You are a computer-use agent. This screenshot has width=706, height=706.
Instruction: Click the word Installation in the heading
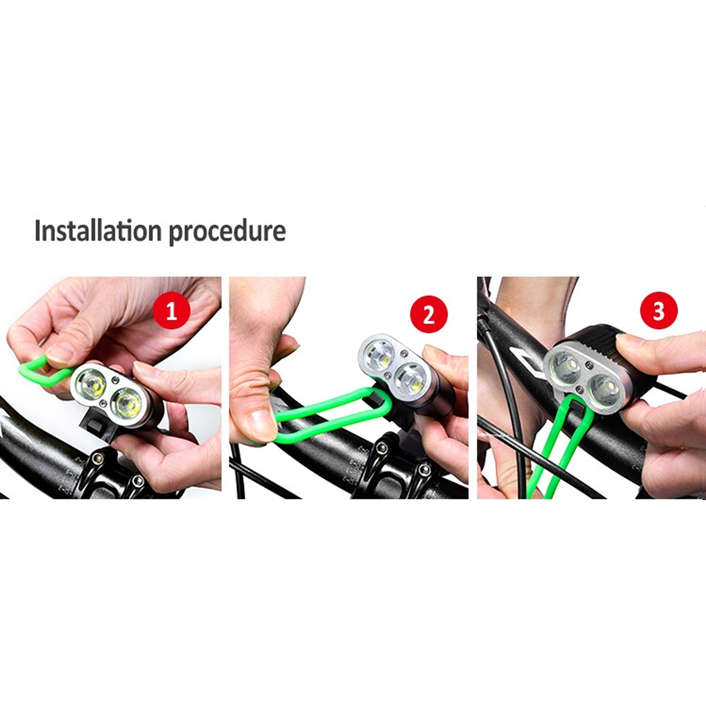(98, 231)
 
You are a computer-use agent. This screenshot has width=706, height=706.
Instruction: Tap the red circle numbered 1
(172, 313)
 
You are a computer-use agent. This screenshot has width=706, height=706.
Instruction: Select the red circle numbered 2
(429, 314)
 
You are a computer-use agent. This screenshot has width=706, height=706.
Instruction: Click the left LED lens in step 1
(91, 385)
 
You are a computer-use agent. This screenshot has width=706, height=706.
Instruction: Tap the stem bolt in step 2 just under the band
(382, 448)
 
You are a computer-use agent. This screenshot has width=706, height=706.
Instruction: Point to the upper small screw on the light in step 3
(589, 365)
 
